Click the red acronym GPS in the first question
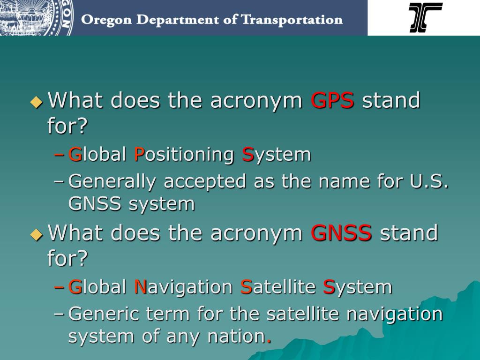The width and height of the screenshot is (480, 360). pyautogui.click(x=332, y=101)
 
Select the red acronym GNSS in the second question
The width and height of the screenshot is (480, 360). pyautogui.click(x=341, y=233)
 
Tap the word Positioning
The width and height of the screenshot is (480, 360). pyautogui.click(x=184, y=154)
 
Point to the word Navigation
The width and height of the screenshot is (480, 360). pyautogui.click(x=183, y=287)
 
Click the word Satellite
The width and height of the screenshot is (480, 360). pyautogui.click(x=278, y=287)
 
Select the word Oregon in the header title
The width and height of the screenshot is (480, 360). pyautogui.click(x=101, y=20)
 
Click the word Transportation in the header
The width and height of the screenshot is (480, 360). pyautogui.click(x=292, y=20)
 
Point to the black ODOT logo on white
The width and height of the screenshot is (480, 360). pyautogui.click(x=425, y=17)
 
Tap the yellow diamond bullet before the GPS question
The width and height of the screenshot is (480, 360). pyautogui.click(x=36, y=102)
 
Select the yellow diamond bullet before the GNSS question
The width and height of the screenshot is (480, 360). pyautogui.click(x=36, y=234)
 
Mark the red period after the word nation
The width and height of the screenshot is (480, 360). pyautogui.click(x=269, y=341)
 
